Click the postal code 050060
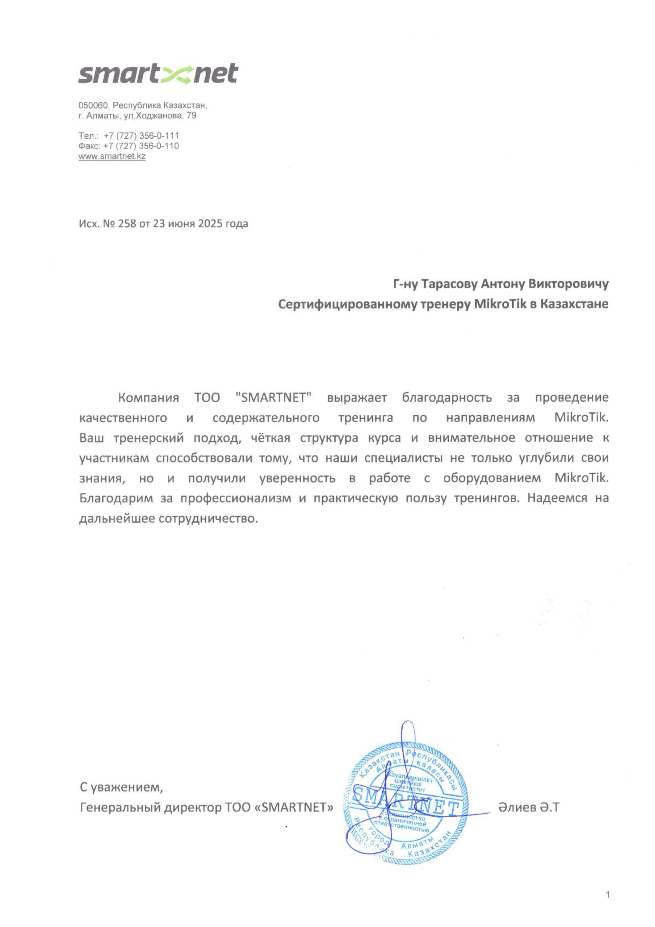point(93,106)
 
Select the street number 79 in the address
point(192,116)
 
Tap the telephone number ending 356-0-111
point(141,136)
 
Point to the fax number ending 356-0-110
point(141,146)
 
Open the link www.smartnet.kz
point(112,156)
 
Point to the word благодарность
point(447,398)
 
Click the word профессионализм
point(235,499)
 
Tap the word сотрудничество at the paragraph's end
point(208,519)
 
